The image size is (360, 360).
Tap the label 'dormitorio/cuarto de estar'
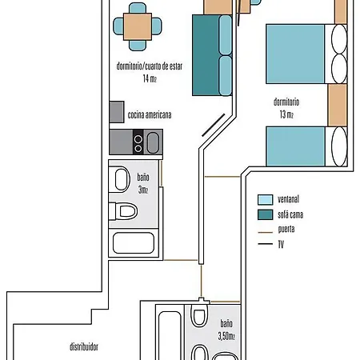click(x=149, y=67)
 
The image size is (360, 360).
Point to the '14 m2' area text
click(x=149, y=78)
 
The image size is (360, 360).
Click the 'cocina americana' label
click(x=150, y=114)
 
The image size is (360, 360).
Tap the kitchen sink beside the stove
click(x=153, y=142)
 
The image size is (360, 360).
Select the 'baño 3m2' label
click(x=142, y=183)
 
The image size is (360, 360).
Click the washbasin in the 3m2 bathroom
click(x=119, y=178)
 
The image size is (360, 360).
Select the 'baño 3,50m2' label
click(x=227, y=330)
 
